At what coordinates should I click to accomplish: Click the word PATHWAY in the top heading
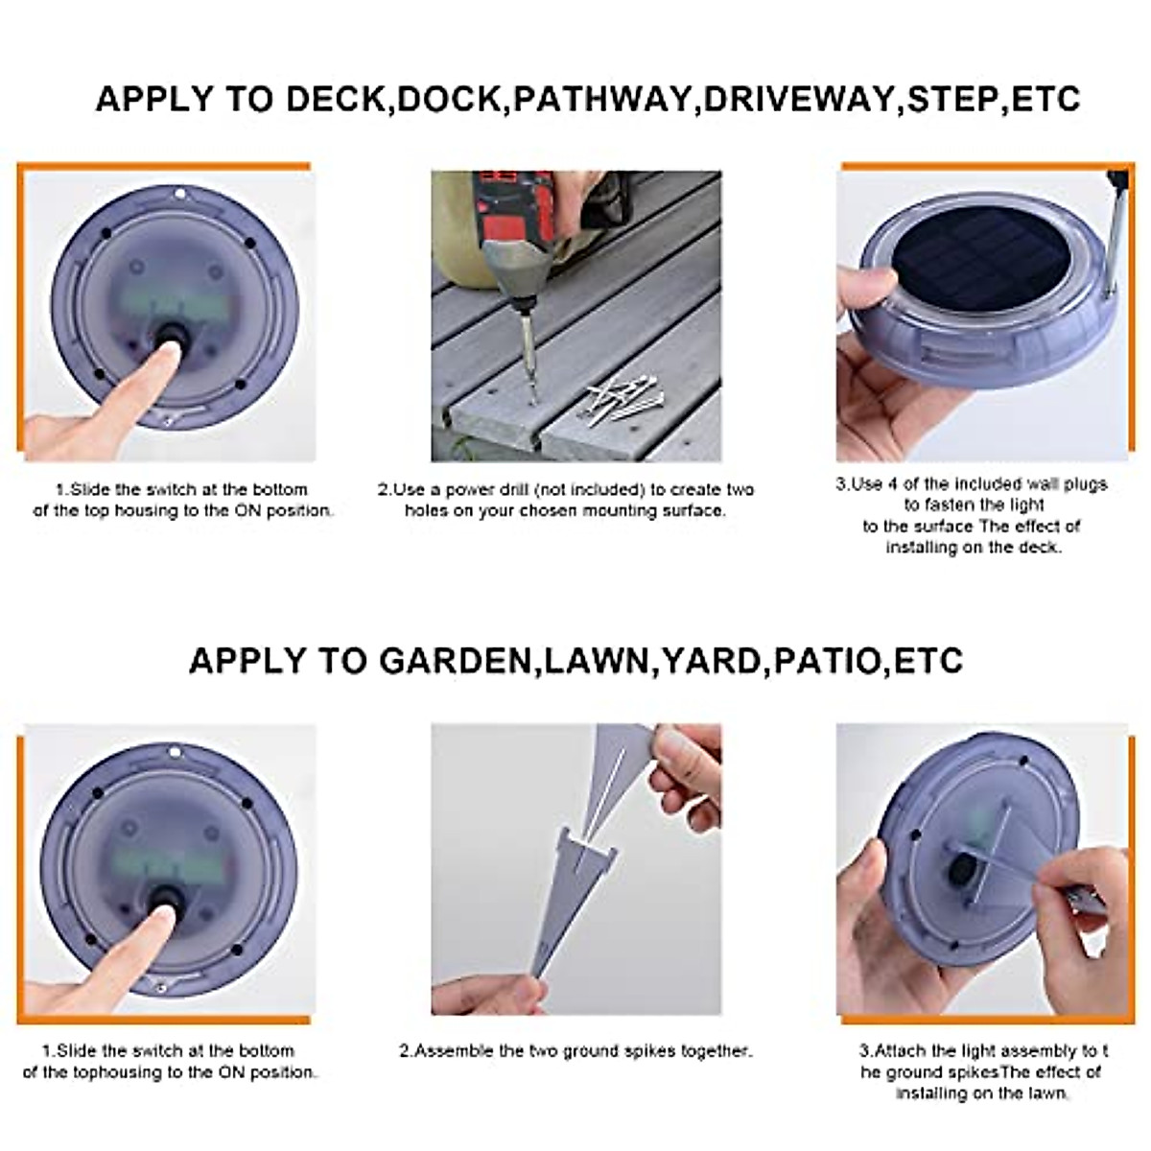602,99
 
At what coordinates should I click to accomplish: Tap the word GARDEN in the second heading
456,661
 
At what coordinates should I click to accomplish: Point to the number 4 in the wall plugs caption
892,483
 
